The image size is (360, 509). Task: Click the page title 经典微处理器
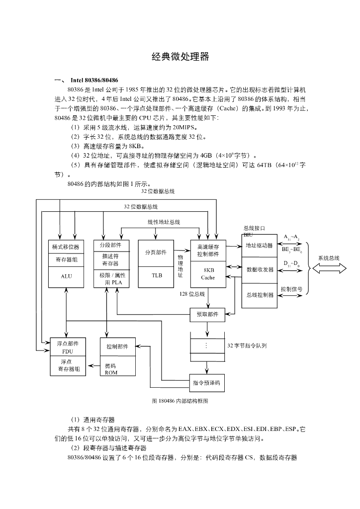(180, 57)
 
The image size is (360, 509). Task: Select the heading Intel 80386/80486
(94, 80)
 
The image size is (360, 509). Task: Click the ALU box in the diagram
(66, 277)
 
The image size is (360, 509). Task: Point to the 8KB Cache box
(208, 274)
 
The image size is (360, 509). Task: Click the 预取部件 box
(207, 315)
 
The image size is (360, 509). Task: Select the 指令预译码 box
(207, 383)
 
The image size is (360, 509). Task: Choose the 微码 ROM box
(118, 366)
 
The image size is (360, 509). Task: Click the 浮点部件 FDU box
(68, 347)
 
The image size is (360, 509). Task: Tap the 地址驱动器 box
(260, 246)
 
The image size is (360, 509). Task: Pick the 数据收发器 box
(260, 270)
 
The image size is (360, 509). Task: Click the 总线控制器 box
(260, 295)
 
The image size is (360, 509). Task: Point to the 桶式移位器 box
(66, 247)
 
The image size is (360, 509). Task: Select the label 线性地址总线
(164, 222)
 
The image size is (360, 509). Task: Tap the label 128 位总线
(192, 294)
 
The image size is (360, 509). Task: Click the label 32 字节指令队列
(247, 346)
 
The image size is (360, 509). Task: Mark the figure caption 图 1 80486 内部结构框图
(180, 401)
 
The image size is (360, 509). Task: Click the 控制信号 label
(291, 289)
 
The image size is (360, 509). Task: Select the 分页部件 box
(156, 253)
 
